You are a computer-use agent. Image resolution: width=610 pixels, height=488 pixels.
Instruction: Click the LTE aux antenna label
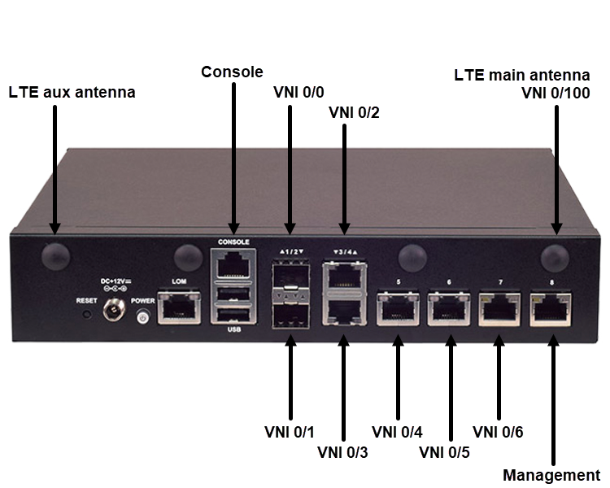[x=72, y=93]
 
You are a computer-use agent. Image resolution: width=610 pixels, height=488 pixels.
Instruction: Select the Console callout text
[x=233, y=72]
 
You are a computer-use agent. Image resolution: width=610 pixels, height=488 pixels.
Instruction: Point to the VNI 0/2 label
[x=354, y=112]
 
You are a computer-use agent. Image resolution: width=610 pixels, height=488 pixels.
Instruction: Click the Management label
[x=551, y=475]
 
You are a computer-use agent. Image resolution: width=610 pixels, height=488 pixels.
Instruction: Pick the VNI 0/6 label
[x=498, y=432]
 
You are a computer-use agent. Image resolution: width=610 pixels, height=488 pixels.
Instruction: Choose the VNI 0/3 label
[x=343, y=451]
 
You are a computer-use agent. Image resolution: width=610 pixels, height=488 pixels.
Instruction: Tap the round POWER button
[x=144, y=316]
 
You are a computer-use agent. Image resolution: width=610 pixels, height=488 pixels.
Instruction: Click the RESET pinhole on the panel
[x=87, y=314]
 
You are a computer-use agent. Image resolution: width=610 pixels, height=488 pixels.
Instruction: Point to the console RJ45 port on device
[x=233, y=264]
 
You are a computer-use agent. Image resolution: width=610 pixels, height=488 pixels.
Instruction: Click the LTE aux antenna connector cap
[x=55, y=255]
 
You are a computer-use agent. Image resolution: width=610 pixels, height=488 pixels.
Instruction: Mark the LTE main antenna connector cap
[x=556, y=255]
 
